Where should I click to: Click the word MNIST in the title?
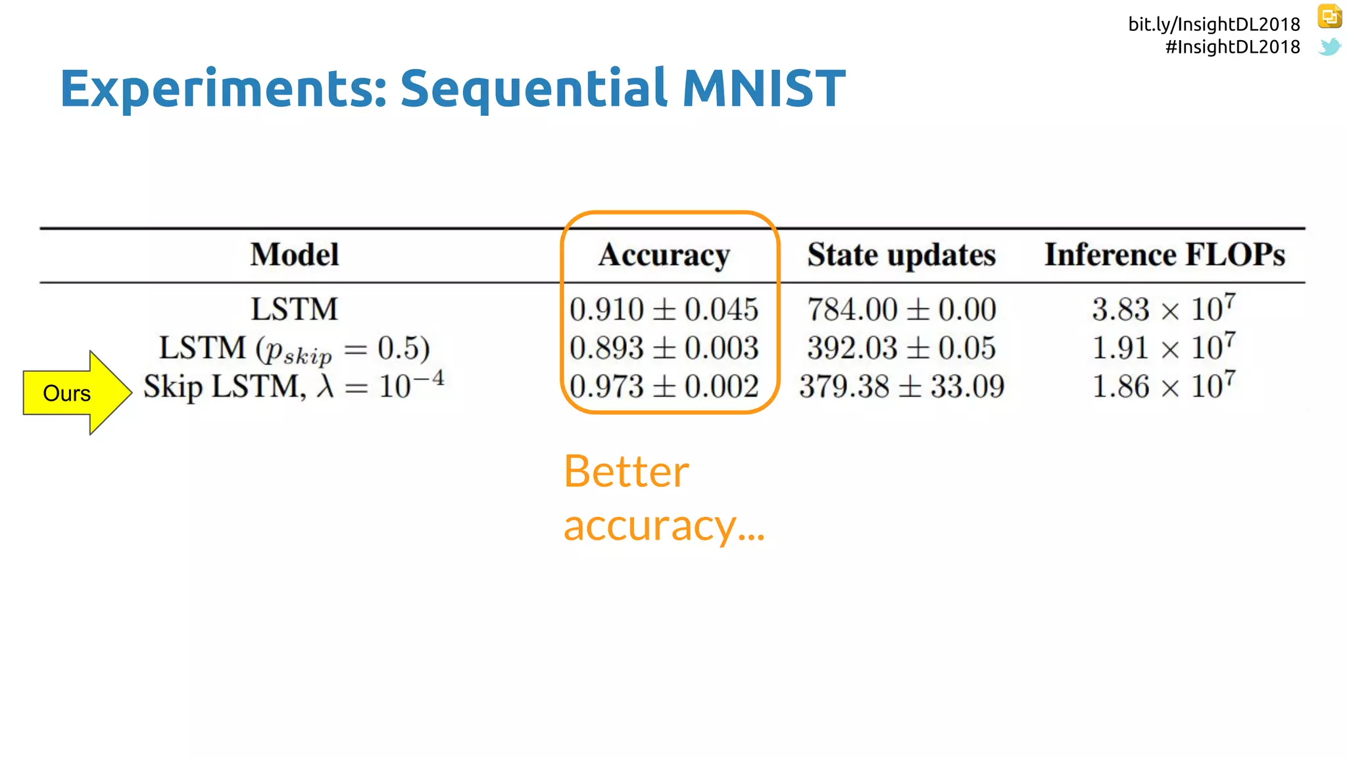tap(763, 89)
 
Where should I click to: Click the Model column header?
tap(294, 255)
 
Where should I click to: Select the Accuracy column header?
tap(664, 255)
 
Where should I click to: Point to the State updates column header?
tap(901, 255)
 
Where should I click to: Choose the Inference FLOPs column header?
tap(1164, 255)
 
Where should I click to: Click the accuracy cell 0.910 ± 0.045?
tap(664, 310)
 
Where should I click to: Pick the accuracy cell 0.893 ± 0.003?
tap(664, 348)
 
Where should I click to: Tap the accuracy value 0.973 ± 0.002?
tap(664, 387)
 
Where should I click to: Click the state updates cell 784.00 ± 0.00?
tap(901, 310)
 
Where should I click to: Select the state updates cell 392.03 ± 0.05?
tap(901, 348)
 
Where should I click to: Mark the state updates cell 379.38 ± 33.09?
tap(901, 387)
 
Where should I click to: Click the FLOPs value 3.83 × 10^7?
tap(1163, 309)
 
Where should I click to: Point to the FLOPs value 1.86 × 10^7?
tap(1163, 386)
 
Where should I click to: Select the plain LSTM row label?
tap(294, 310)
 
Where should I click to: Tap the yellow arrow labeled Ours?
tap(76, 393)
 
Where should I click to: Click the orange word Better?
tap(625, 472)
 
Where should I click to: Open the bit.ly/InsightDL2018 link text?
tap(1213, 24)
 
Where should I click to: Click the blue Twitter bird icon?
tap(1329, 47)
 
